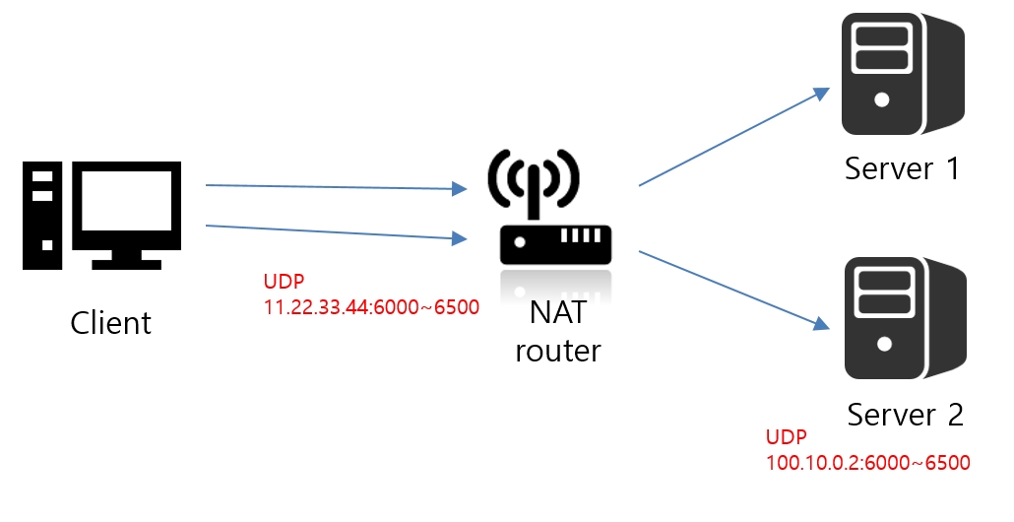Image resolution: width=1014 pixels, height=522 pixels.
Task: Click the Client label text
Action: (111, 322)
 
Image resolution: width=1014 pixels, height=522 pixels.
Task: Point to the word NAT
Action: (557, 313)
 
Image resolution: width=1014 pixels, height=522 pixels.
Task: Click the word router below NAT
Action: (557, 350)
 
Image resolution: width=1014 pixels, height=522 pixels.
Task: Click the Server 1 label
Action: (901, 168)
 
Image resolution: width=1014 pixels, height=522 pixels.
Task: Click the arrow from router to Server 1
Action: (734, 136)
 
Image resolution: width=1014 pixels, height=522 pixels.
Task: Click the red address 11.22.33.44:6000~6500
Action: (371, 306)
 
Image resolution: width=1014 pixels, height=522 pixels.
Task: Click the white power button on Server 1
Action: (881, 99)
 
